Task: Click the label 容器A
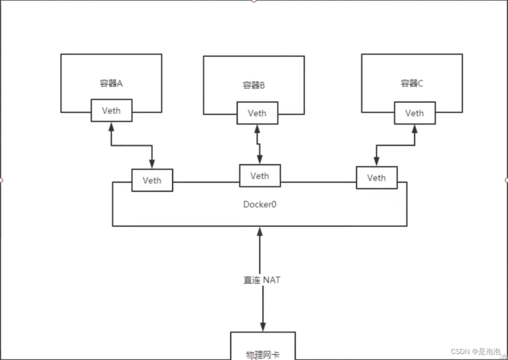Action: (111, 83)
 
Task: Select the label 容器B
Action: (254, 85)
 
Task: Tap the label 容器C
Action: (412, 83)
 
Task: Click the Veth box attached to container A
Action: (112, 110)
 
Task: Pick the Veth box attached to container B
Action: (257, 113)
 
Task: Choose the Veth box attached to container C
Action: (415, 113)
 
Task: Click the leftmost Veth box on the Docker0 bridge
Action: (152, 180)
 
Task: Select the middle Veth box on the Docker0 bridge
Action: (259, 176)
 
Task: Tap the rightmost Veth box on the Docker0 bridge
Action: (377, 178)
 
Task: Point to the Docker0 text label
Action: (259, 204)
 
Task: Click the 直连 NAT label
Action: (261, 280)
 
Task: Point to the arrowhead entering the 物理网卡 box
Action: (262, 327)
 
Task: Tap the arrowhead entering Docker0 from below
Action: (259, 231)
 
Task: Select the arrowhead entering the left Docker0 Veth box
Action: (152, 164)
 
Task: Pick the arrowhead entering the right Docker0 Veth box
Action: (376, 162)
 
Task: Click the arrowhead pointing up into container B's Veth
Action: (257, 129)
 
